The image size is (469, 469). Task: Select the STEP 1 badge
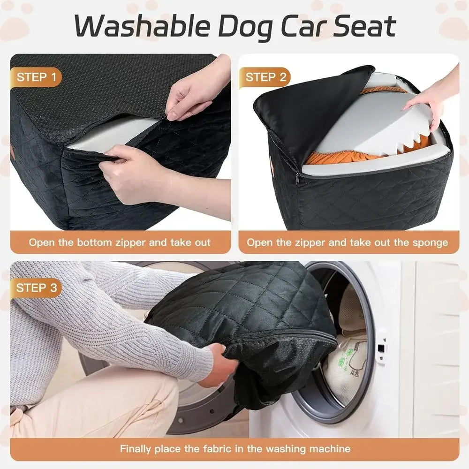[39, 77]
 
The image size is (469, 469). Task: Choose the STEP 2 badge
[265, 77]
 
